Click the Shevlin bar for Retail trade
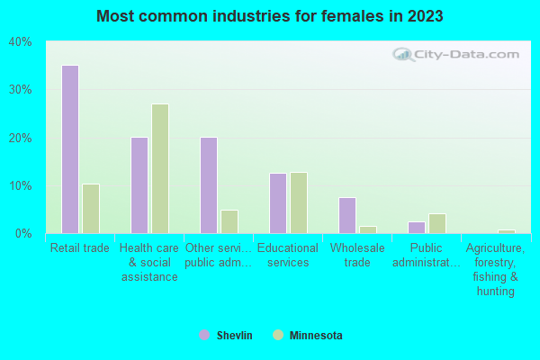[70, 149]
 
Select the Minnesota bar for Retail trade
[91, 209]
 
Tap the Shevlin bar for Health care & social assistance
[139, 185]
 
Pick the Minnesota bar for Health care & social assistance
[160, 168]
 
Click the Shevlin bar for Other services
[209, 185]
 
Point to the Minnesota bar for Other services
[229, 222]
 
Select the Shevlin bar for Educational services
[278, 203]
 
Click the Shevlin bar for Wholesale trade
[347, 216]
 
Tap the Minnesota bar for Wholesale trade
[368, 229]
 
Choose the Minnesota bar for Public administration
[437, 223]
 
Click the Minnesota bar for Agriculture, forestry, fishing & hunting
[507, 231]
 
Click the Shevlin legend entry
[226, 336]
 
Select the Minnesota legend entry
[307, 336]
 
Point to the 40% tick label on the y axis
[20, 42]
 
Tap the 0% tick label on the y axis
[22, 234]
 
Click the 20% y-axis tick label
[20, 138]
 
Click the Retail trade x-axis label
[80, 248]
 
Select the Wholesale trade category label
[357, 256]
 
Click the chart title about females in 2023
[270, 16]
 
